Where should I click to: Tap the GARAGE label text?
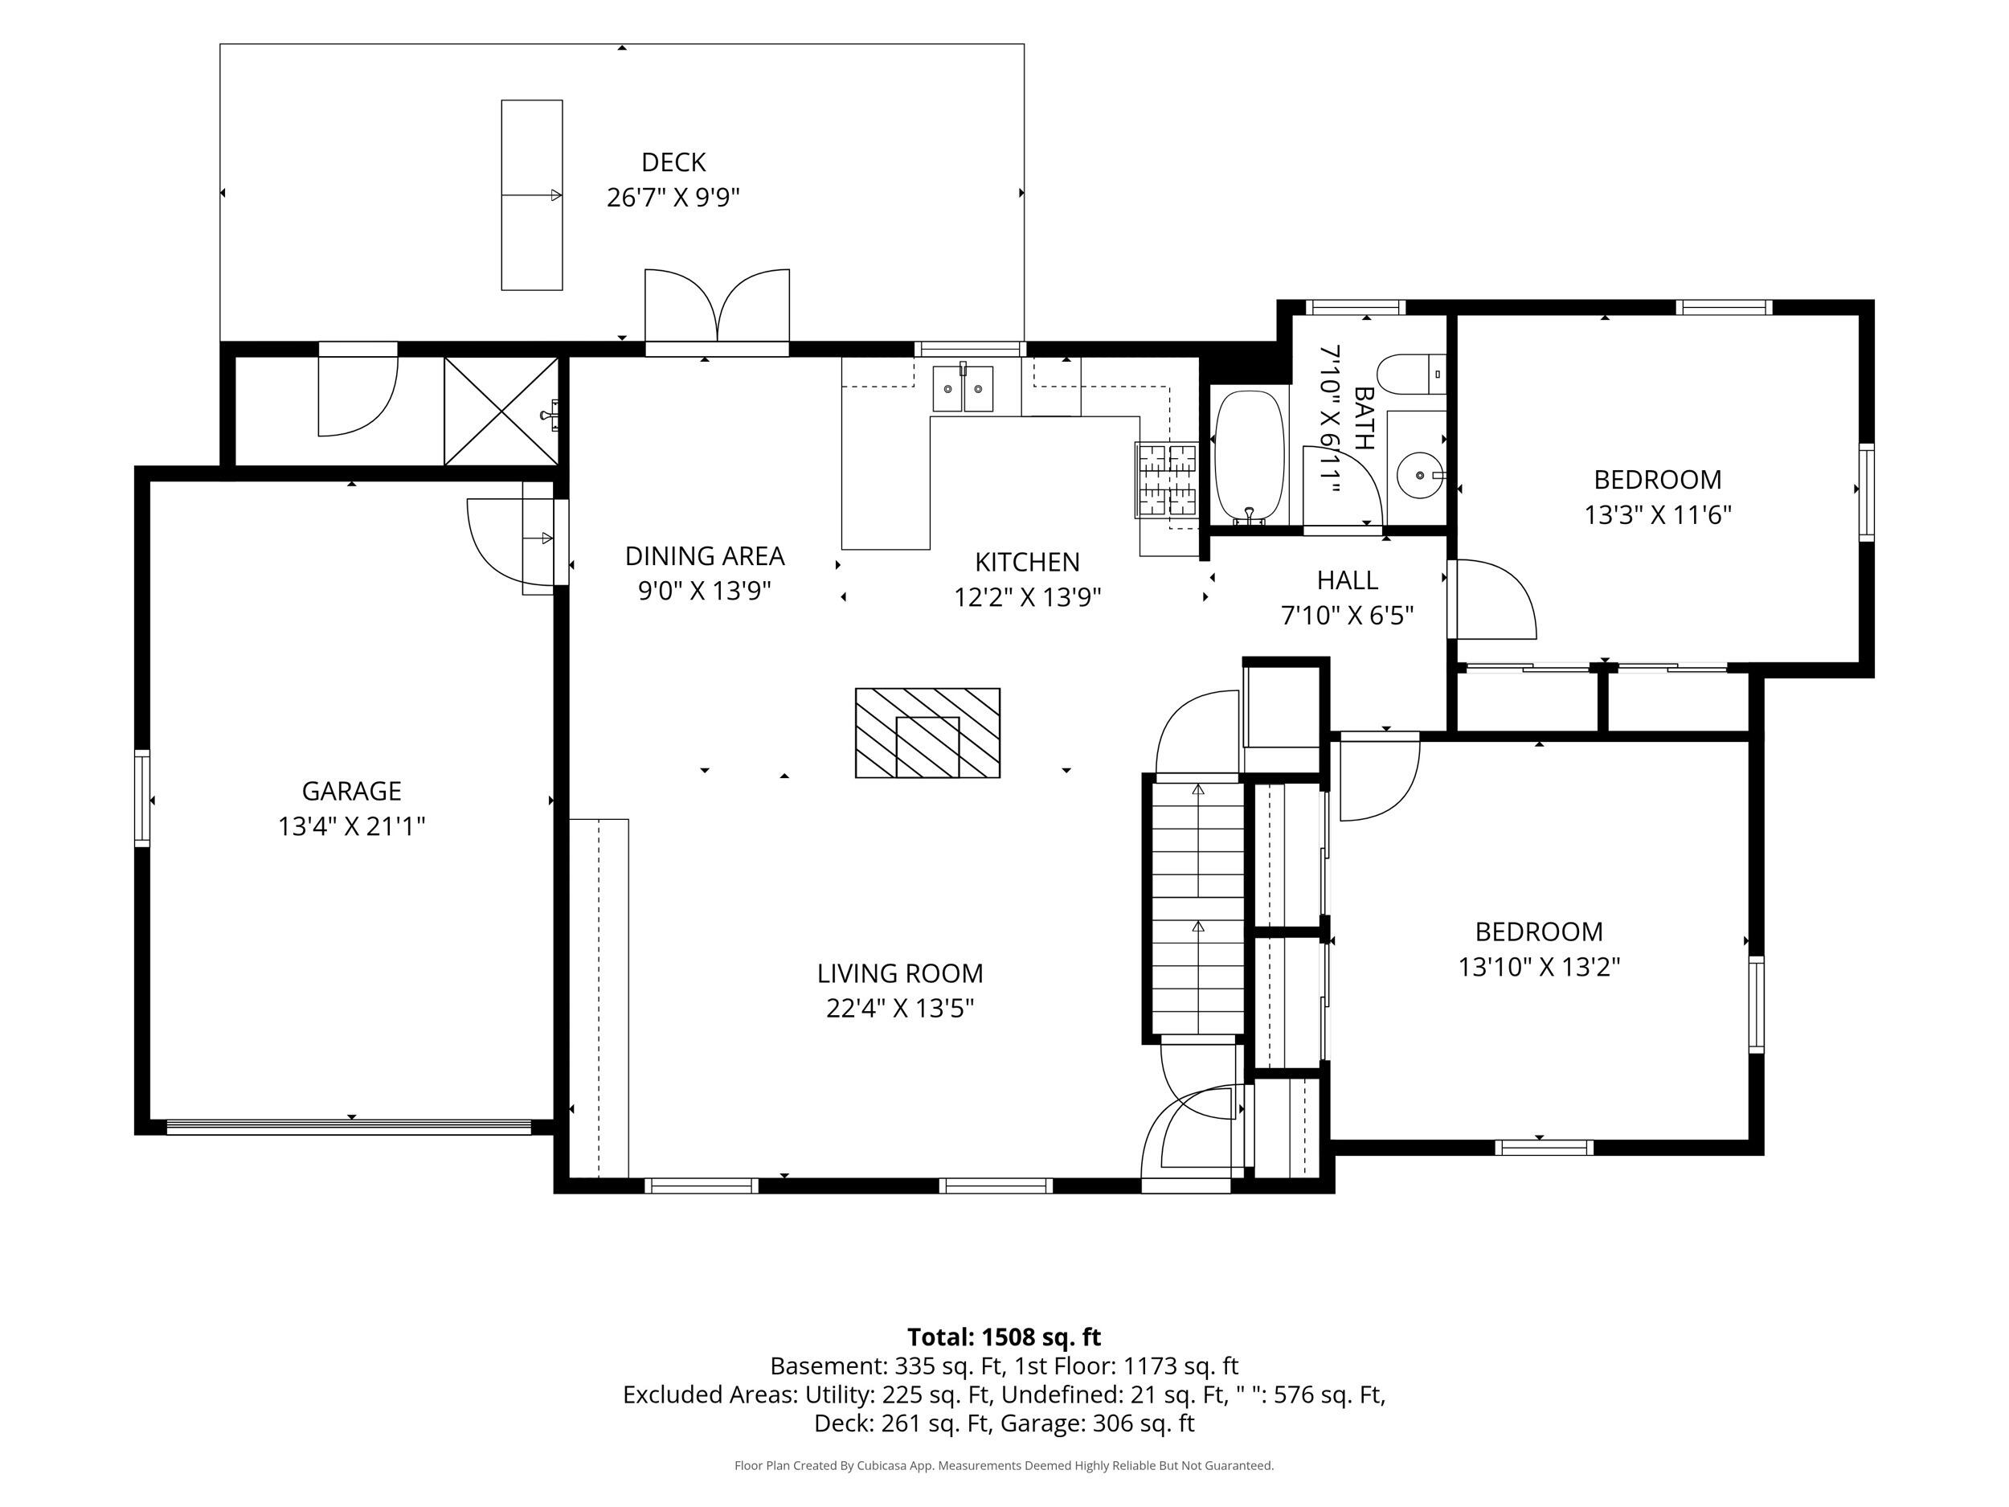(351, 791)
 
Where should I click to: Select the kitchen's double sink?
(963, 389)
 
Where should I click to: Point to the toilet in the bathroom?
(1410, 375)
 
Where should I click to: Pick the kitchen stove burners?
(1167, 480)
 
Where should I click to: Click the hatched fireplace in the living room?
(927, 733)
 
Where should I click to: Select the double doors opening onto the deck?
(718, 305)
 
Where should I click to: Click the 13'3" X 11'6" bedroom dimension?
(1658, 515)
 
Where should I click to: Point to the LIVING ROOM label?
(900, 974)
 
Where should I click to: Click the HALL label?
(1347, 579)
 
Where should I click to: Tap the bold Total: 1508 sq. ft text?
(1004, 1337)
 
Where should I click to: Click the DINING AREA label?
(705, 556)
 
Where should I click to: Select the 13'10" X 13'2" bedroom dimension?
(1539, 968)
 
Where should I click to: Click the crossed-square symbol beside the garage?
(501, 412)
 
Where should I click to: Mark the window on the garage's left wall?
(142, 798)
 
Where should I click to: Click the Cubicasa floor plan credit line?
(1004, 1465)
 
